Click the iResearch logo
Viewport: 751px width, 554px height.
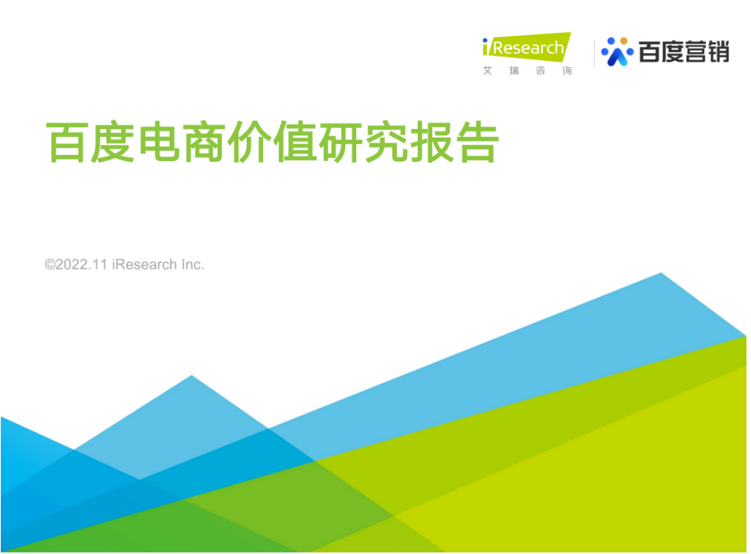526,53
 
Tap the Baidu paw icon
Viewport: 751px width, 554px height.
617,52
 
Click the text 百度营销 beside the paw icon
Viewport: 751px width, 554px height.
684,52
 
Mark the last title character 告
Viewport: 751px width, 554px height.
477,142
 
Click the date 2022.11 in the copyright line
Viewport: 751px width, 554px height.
81,264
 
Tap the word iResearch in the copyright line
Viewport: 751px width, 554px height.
144,264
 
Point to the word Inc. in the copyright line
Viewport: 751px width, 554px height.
192,264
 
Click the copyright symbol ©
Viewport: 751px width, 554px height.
50,264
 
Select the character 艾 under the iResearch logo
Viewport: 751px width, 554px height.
488,71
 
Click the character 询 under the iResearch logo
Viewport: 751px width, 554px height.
567,71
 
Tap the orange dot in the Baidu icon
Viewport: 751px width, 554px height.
624,41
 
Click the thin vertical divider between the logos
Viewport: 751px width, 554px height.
594,53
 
